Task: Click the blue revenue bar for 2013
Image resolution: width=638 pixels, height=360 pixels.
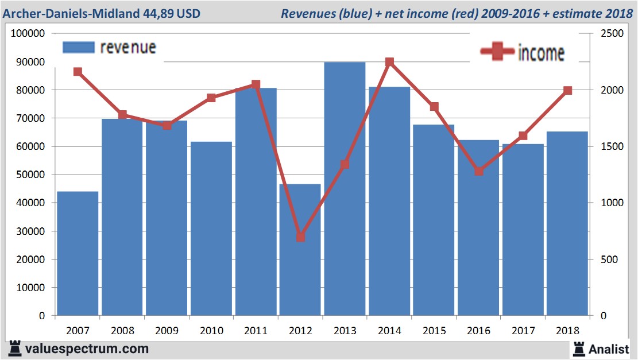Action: (345, 189)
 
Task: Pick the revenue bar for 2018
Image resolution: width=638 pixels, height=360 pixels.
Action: (567, 224)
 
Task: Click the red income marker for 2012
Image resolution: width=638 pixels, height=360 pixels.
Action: (300, 237)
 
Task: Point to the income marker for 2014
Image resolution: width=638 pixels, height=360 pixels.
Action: (389, 62)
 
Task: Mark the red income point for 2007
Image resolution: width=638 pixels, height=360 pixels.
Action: (78, 72)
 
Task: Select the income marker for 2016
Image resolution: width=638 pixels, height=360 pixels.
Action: (479, 171)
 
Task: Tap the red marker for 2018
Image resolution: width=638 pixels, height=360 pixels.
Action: (568, 90)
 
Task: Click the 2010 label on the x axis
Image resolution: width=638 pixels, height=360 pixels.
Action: (211, 331)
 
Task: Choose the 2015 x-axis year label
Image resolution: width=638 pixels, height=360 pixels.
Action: (434, 331)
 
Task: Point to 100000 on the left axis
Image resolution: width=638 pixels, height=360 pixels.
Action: (29, 34)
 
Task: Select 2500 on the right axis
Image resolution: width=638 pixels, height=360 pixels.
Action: (609, 34)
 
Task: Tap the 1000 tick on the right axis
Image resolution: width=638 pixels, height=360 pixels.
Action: (609, 203)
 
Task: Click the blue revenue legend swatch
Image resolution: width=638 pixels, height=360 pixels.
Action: (78, 47)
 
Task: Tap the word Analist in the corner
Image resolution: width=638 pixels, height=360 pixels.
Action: (609, 349)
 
